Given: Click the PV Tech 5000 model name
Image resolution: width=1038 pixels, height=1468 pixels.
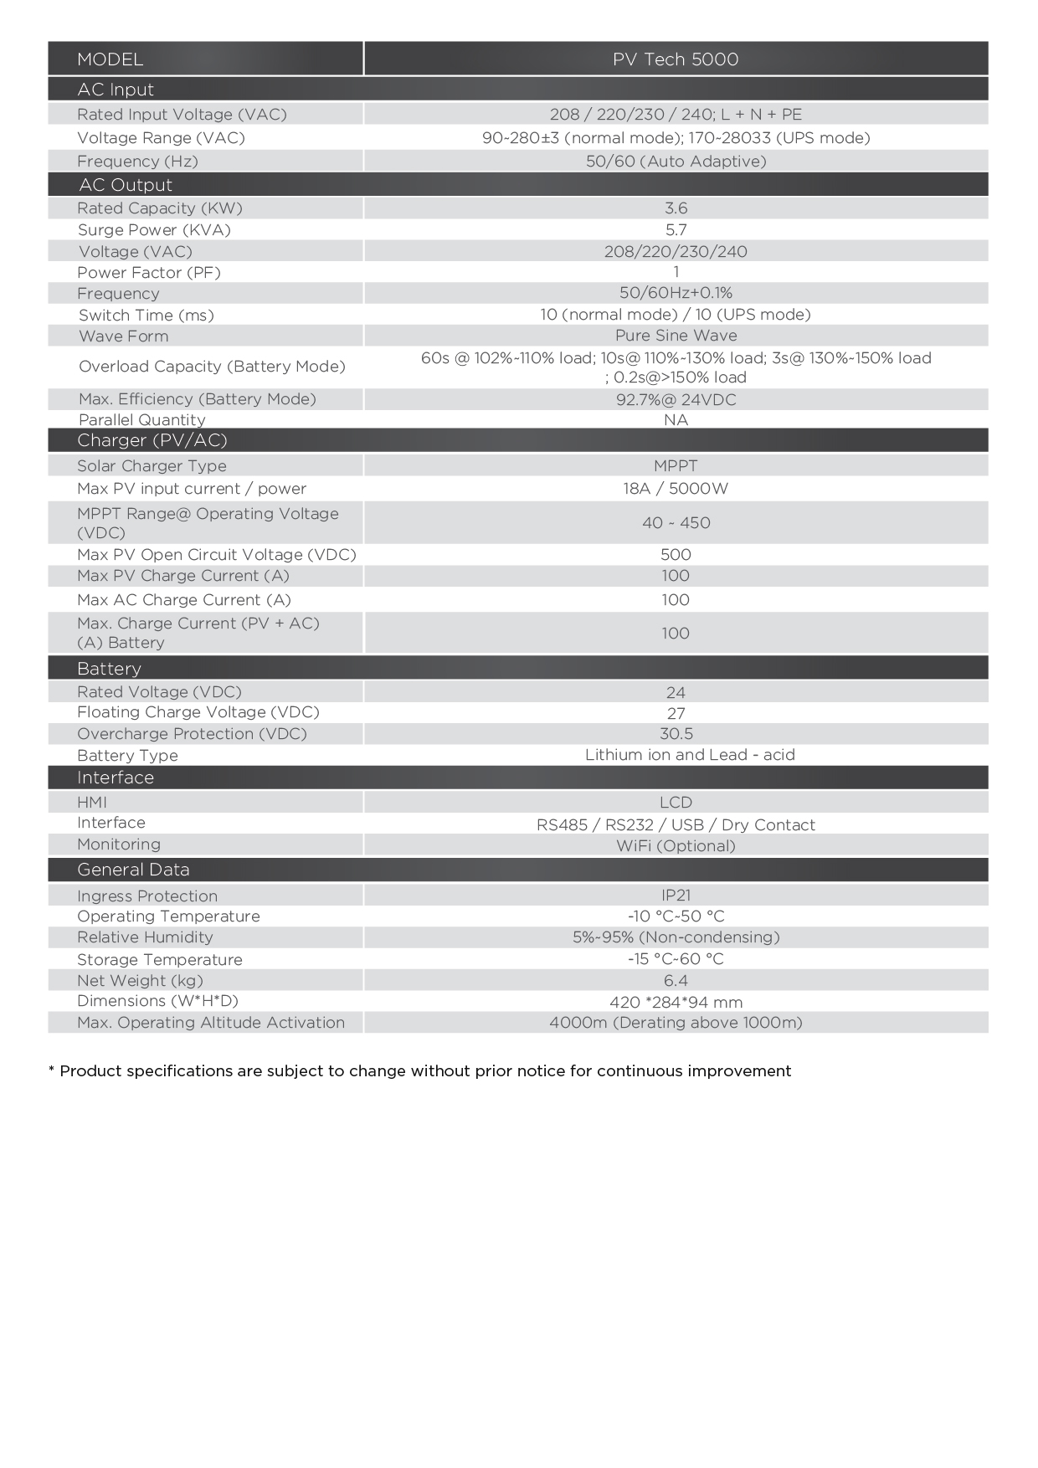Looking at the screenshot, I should point(676,59).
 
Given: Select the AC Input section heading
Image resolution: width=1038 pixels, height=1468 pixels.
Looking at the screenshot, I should point(116,90).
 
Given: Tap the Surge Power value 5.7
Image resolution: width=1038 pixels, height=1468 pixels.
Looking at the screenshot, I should point(676,230).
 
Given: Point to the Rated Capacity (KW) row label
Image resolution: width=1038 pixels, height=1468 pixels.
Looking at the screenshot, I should point(160,208).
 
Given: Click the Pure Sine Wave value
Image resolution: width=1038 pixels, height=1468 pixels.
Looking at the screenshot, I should point(676,336).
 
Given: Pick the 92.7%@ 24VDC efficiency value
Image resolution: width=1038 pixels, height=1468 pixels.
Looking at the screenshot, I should point(676,400).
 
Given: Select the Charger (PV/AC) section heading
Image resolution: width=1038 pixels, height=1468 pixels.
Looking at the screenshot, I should point(152,440).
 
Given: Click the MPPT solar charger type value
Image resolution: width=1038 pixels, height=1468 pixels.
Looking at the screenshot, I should point(676,466).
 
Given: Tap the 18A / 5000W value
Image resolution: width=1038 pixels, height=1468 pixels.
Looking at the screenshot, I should point(676,489).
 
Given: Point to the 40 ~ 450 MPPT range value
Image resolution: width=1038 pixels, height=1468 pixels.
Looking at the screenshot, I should point(676,523).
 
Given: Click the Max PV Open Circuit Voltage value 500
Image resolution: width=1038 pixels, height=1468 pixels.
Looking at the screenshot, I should point(676,555).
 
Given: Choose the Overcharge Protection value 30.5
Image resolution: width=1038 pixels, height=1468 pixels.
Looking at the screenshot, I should point(676,734).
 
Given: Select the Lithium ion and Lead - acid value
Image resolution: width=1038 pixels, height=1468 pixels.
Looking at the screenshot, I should point(690,755).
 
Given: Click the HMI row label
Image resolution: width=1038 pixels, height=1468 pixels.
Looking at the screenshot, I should point(92,803).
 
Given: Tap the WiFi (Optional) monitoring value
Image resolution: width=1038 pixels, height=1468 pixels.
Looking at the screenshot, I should point(676,846).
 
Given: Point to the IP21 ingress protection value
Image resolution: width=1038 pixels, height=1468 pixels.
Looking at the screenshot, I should point(676,896).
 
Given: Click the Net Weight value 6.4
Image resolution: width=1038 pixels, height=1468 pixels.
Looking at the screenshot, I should point(676,981).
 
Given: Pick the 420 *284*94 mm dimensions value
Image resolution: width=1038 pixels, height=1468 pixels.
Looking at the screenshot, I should point(676,1003).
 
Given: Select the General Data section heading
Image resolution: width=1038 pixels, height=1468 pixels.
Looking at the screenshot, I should point(133,870).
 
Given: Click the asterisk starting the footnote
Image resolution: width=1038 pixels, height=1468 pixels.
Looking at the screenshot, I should point(52,1070).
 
